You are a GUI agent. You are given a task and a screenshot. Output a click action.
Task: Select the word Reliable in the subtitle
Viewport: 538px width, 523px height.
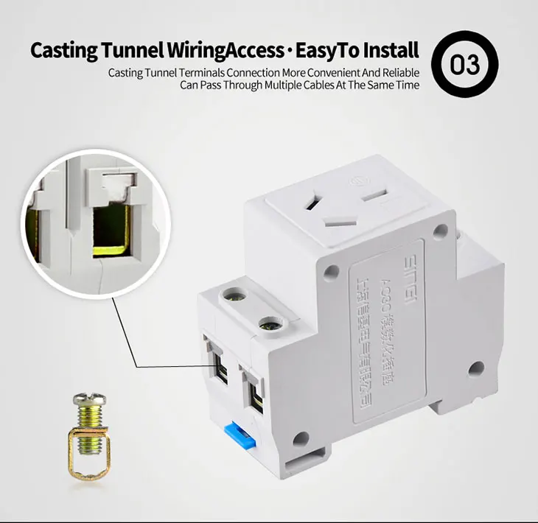pos(398,72)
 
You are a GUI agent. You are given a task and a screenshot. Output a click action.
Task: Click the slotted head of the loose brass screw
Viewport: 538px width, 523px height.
pos(88,401)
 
